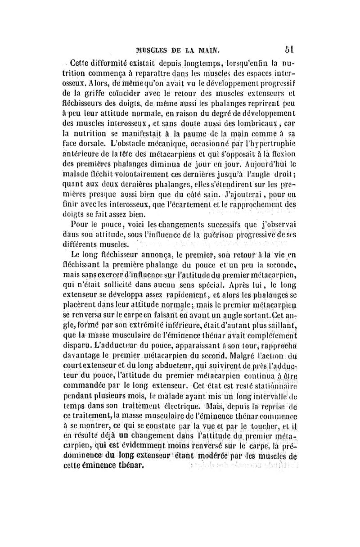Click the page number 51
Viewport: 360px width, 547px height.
[289, 48]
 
